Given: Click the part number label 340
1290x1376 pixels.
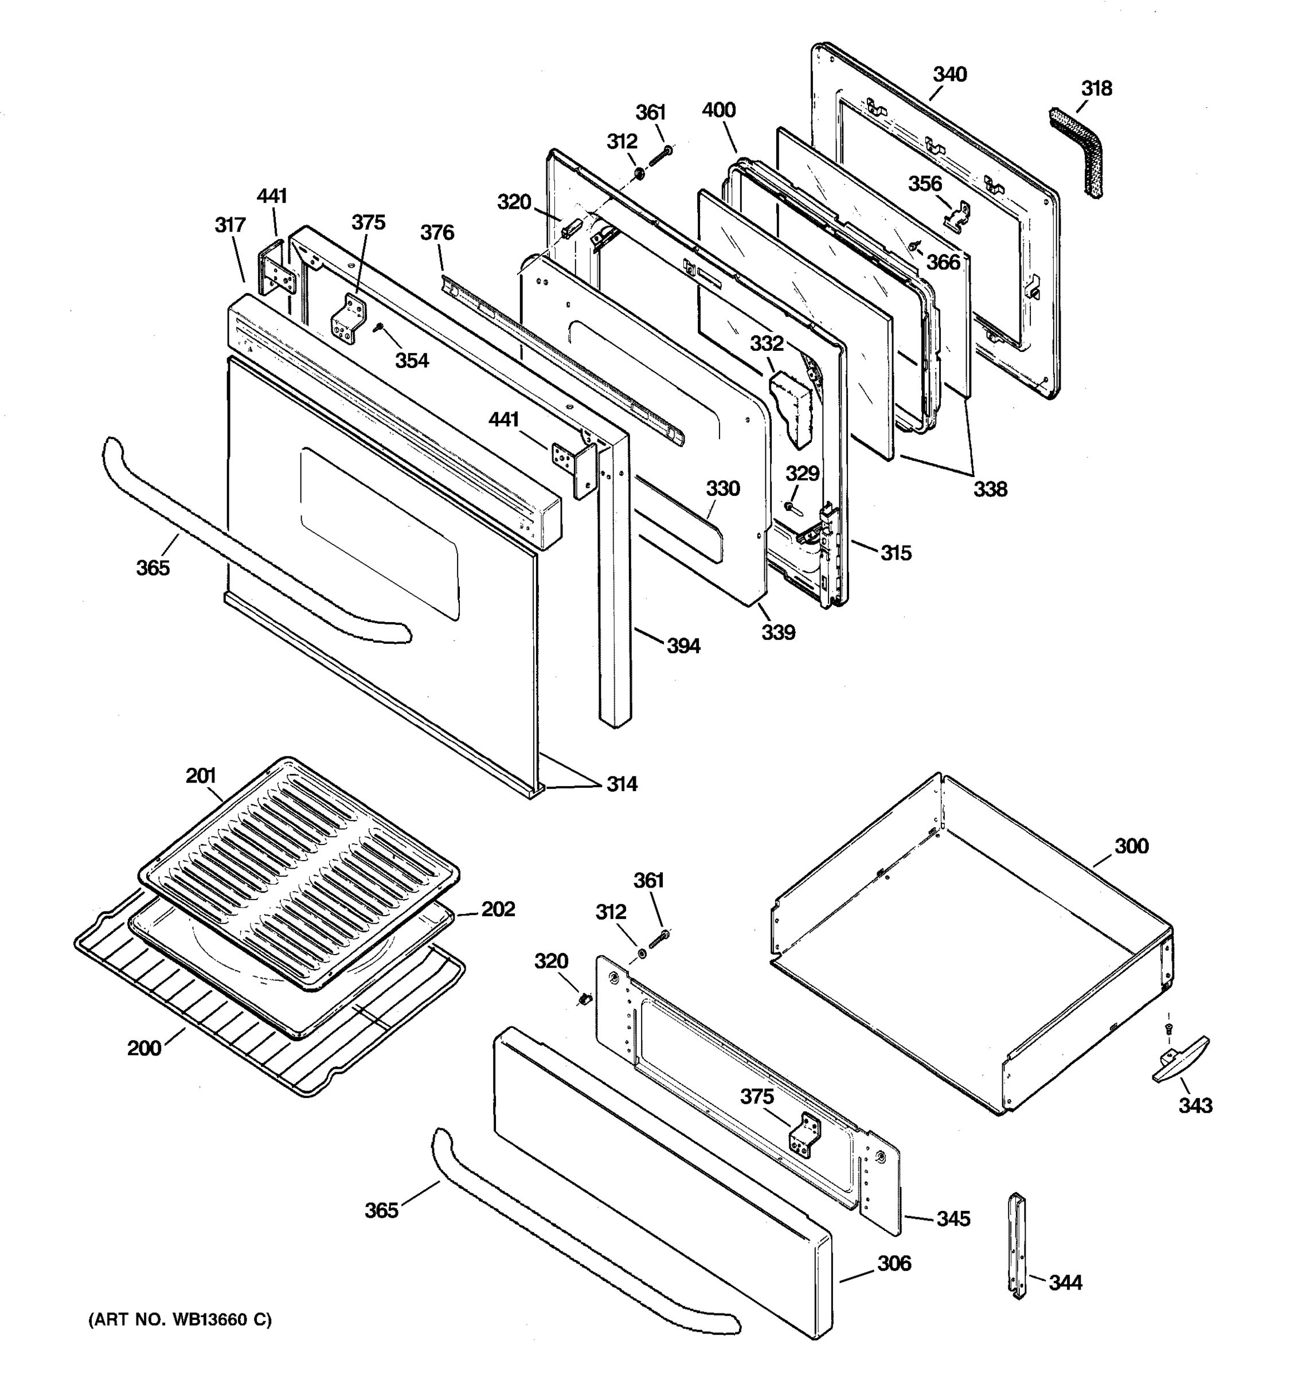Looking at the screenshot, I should point(949,74).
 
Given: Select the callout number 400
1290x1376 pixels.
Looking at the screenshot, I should point(718,110).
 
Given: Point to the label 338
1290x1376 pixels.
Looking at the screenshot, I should point(990,490).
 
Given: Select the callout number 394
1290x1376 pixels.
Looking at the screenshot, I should point(683,646).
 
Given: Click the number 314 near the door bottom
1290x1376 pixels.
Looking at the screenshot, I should point(621,784).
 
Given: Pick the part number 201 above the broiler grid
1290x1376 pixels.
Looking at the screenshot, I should point(201,776).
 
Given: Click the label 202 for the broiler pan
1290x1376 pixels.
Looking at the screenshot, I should point(498,909).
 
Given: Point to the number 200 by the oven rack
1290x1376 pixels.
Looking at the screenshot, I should point(144,1048).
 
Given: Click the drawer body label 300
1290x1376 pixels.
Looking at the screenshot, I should point(1131,846).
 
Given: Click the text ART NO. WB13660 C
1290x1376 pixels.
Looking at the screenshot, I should point(180,1320).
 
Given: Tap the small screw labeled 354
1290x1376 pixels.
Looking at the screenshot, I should point(378,327).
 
